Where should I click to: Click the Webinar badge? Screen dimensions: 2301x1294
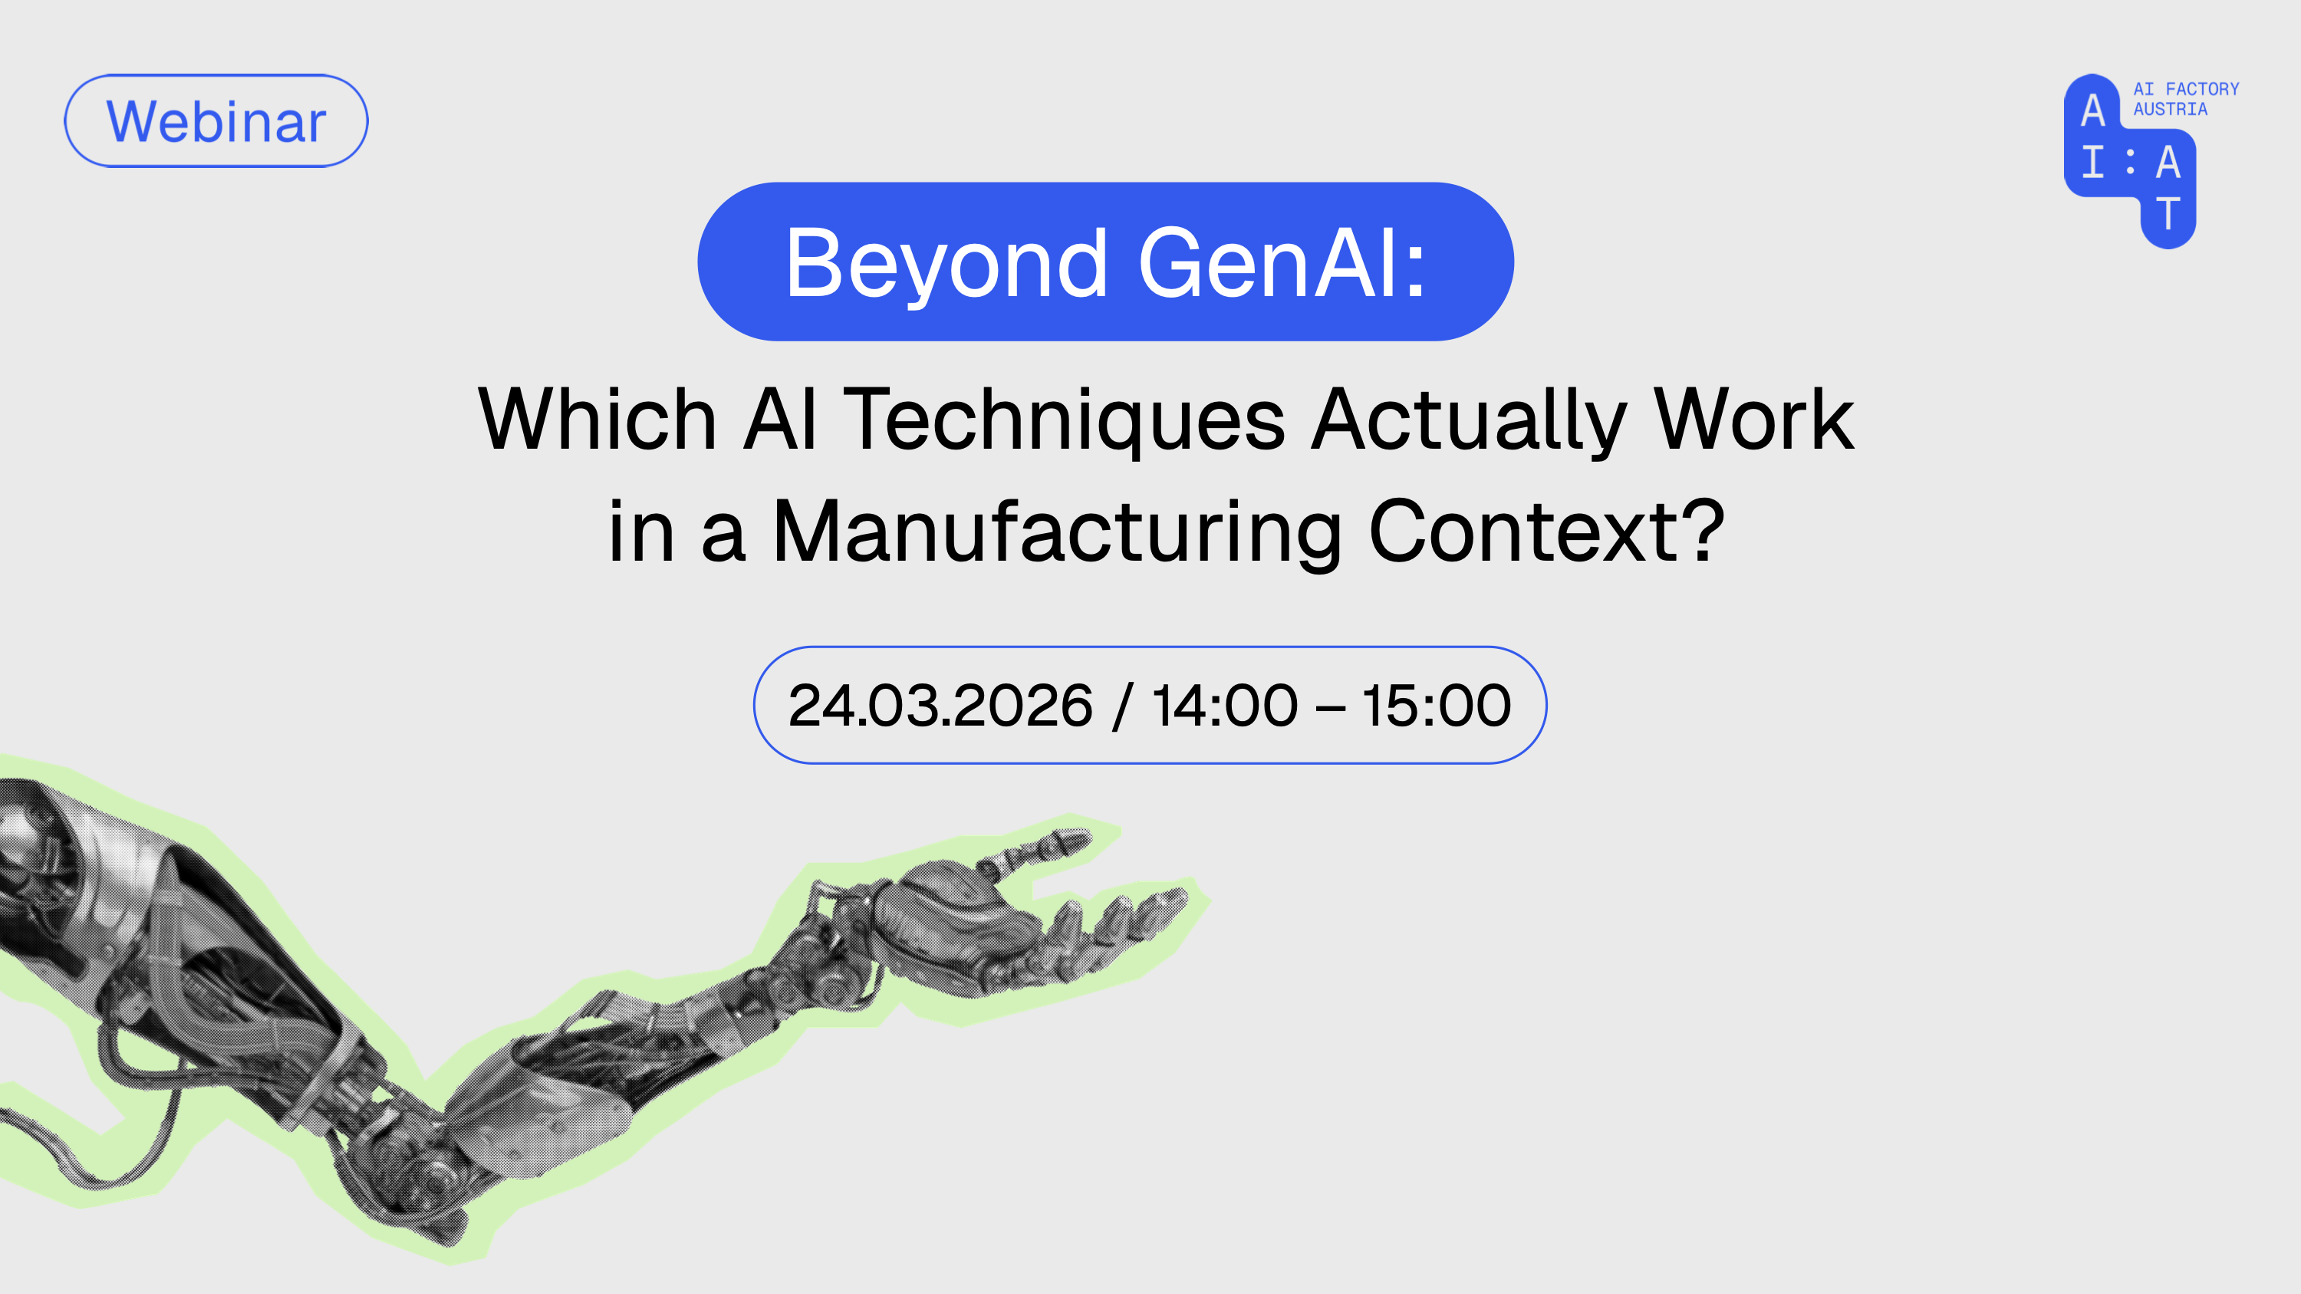pos(216,120)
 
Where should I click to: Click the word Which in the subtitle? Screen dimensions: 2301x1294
pos(597,419)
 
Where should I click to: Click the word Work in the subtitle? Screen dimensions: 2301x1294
pos(1753,419)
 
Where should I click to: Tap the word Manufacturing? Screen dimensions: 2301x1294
pos(1057,533)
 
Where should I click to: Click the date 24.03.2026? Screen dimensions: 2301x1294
pos(940,706)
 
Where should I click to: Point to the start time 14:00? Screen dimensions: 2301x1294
pos(1223,706)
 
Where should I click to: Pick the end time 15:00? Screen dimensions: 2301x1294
pos(1437,706)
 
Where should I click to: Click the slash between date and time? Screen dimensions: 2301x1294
pos(1123,706)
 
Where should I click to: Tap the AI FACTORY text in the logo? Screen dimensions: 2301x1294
pos(2186,89)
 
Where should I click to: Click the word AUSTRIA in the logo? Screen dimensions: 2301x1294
pos(2170,109)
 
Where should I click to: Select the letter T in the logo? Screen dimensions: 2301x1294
pos(2168,214)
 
